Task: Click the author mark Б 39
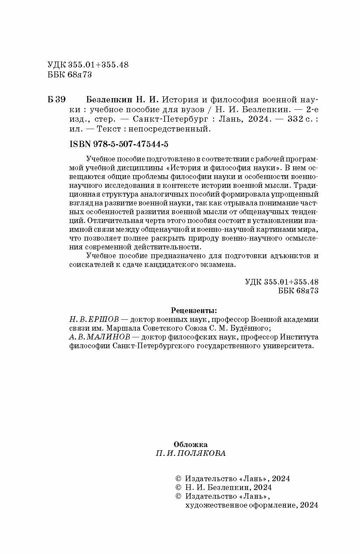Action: coord(56,99)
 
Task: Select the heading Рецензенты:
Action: coord(194,311)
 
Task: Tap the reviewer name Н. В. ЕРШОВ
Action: coord(95,319)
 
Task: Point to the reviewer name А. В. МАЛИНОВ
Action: coord(99,337)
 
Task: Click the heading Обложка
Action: coord(191,444)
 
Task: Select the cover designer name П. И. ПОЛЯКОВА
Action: coord(191,453)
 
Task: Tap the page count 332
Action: coord(295,119)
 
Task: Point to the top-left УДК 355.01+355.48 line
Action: coord(88,65)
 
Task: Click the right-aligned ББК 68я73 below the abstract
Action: coord(298,291)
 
